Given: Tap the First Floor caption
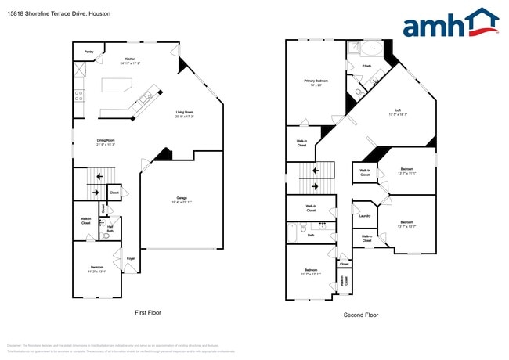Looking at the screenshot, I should click(x=147, y=312).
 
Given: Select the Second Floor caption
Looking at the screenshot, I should click(x=360, y=315).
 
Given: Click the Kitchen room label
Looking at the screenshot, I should click(x=130, y=59).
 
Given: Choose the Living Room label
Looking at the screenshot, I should click(x=185, y=113).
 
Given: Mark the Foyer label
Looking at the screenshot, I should click(x=131, y=257).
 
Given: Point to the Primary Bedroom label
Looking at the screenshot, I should click(x=316, y=81).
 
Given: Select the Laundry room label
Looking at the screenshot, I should click(x=364, y=216).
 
